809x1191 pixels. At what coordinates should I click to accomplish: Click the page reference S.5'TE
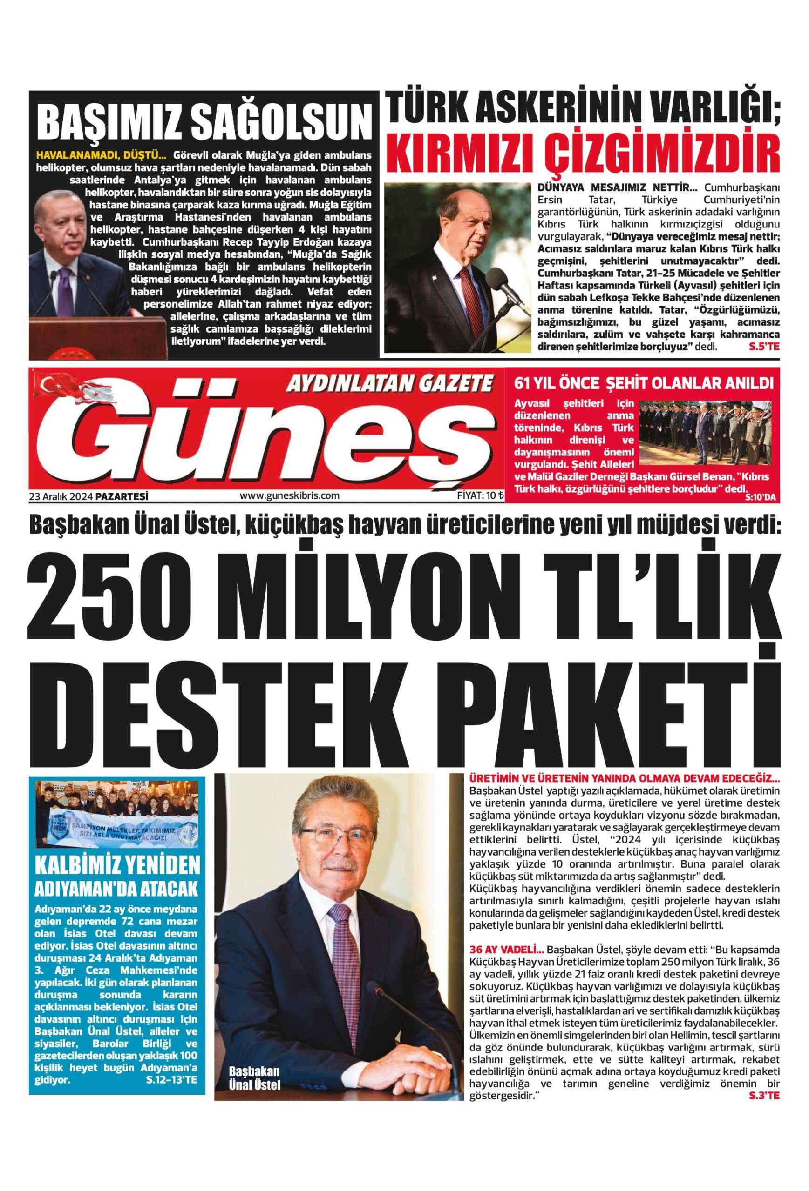click(x=763, y=348)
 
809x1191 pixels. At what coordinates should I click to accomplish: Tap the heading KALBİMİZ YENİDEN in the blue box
click(x=117, y=866)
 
